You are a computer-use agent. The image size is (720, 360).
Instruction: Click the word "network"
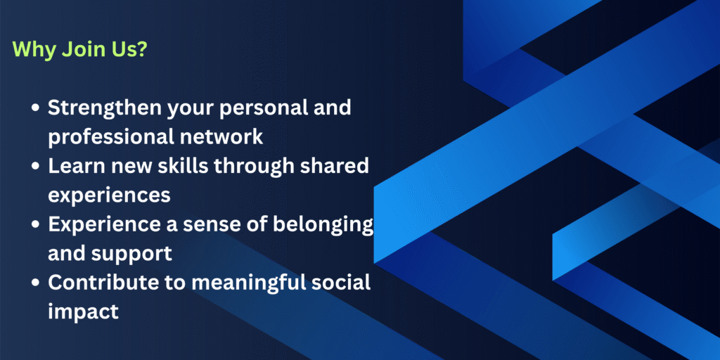click(226, 136)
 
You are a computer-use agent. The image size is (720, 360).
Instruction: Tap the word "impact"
click(83, 311)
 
